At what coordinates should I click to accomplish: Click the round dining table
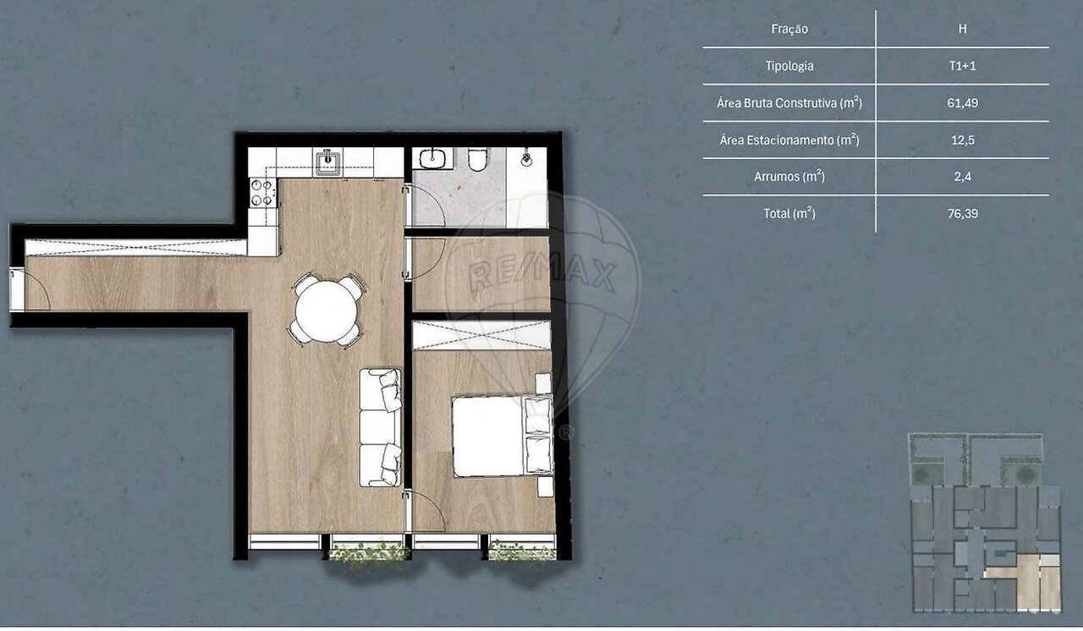coord(327,311)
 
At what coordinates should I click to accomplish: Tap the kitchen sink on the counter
coord(328,162)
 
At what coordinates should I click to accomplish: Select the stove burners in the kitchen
coord(262,192)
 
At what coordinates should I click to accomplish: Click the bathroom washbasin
coord(432,158)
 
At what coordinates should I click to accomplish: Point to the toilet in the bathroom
coord(478,160)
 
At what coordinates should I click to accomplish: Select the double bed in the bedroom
coord(503,436)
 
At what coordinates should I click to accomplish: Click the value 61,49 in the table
coord(962,103)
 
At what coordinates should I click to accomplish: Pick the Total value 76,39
coord(962,213)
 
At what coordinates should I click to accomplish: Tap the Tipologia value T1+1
coord(962,66)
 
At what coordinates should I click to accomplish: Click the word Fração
coord(789,29)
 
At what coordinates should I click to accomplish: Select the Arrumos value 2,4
coord(962,176)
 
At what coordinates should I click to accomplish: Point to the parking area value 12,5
coord(962,140)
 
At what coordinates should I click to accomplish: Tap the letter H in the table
coord(962,29)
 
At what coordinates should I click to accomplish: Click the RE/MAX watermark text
coord(542,274)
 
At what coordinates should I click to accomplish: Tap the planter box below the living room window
coord(367,552)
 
